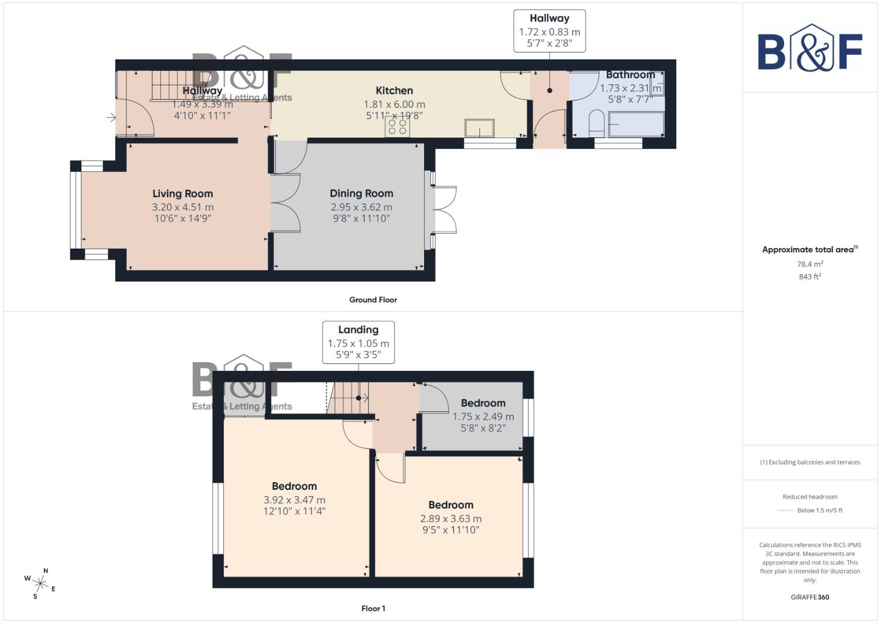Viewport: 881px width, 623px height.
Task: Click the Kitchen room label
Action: [x=394, y=91]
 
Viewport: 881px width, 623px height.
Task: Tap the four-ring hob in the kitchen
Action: [x=398, y=126]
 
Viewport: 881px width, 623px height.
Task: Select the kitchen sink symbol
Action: [x=479, y=127]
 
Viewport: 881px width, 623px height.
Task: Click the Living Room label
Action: [x=182, y=194]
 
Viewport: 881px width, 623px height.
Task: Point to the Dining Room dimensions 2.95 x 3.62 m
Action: [x=361, y=207]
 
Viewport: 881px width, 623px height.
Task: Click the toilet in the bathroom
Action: [x=596, y=123]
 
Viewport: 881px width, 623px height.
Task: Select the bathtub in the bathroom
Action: [x=636, y=124]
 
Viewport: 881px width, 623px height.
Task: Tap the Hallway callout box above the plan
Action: [x=549, y=31]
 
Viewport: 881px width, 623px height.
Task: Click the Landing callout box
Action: [x=358, y=342]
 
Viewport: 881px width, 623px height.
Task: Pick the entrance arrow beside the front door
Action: [x=111, y=118]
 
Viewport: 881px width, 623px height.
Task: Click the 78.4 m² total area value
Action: [x=809, y=264]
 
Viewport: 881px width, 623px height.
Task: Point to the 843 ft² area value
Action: [x=809, y=277]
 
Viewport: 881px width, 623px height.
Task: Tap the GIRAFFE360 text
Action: [x=809, y=597]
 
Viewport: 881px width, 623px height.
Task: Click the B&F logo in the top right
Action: [x=809, y=50]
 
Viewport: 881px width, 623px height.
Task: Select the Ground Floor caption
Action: [x=373, y=300]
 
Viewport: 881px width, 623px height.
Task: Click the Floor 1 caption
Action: [x=373, y=609]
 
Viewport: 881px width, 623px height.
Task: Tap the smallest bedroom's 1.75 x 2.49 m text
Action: [x=483, y=416]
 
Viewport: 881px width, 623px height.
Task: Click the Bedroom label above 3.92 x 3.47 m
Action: [x=294, y=486]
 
